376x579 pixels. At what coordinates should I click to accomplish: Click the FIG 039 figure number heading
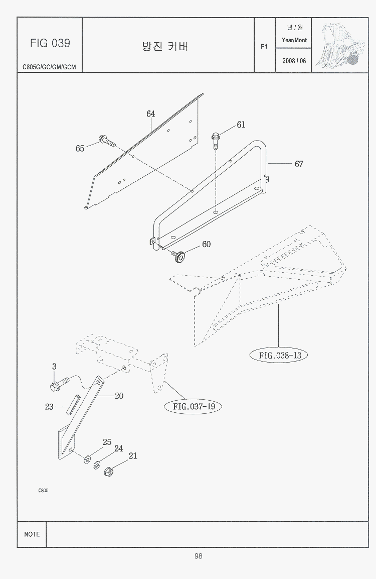pos(50,43)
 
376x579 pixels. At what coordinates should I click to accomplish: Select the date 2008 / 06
pos(294,61)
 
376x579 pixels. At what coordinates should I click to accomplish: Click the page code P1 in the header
pos(265,47)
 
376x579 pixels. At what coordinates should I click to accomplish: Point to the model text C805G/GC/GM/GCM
pos(49,67)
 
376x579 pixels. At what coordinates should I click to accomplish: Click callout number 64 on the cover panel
pos(151,114)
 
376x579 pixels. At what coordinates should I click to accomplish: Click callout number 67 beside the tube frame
pos(299,164)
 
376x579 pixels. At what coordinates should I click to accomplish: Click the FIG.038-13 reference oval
pos(279,356)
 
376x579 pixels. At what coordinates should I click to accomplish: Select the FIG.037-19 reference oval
pos(194,406)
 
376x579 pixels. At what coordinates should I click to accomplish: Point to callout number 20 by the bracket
pos(119,396)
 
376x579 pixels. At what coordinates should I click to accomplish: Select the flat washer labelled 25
pos(87,458)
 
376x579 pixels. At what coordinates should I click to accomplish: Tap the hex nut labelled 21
pos(107,472)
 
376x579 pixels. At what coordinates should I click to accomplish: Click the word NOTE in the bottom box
pos(32,534)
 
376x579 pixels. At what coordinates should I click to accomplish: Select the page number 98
pos(199,556)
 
